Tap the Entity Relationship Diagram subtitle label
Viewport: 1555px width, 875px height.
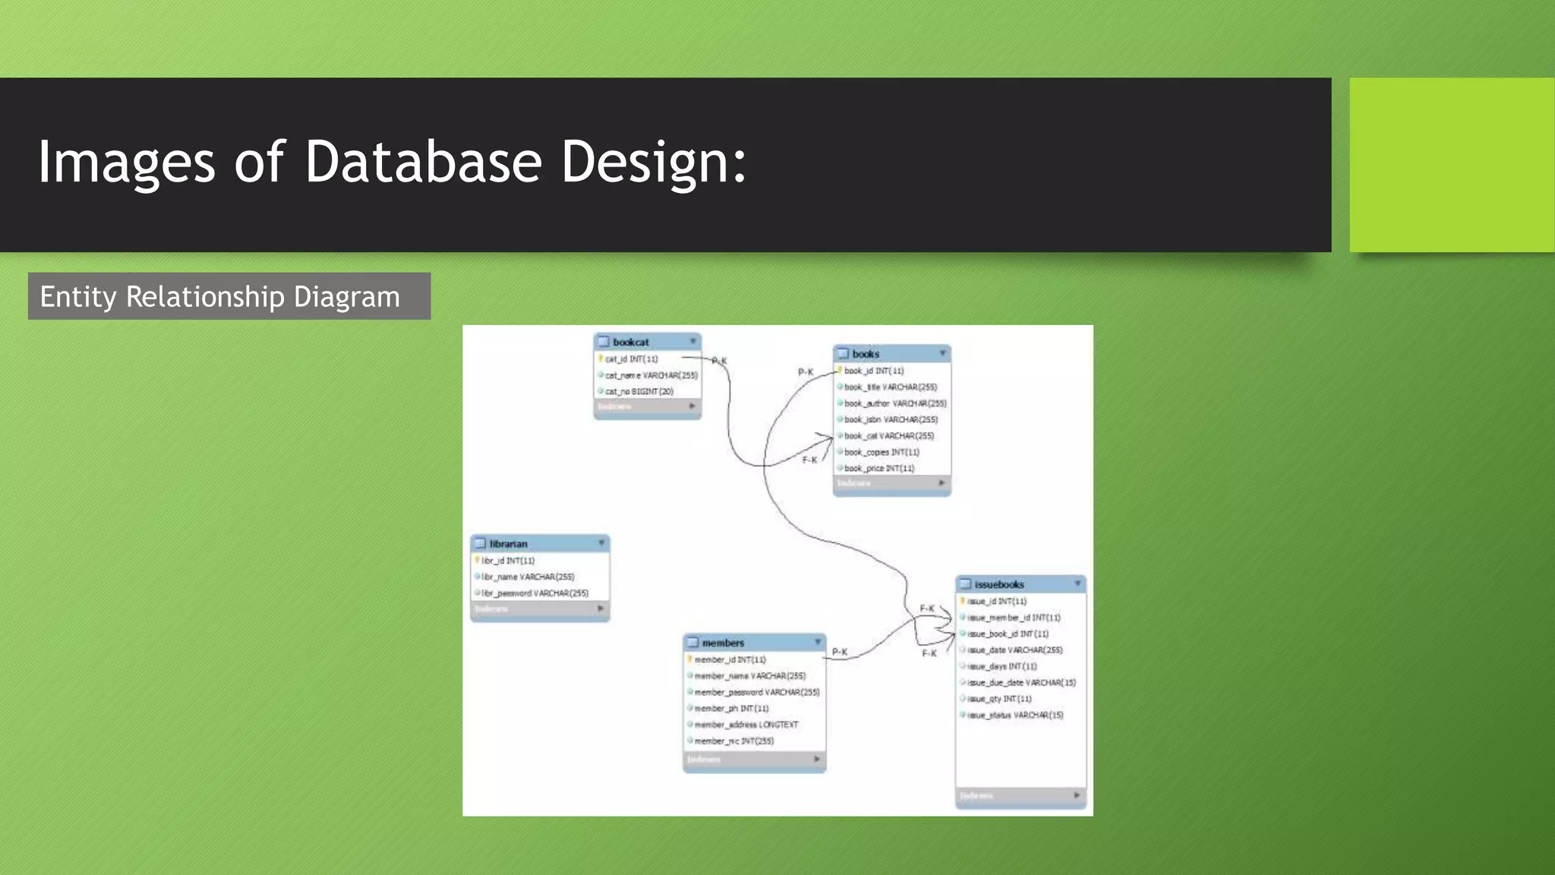[219, 296]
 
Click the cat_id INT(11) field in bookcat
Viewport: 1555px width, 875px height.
[631, 359]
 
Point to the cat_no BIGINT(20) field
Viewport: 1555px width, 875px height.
[639, 392]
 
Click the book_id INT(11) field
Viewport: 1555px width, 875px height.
[874, 371]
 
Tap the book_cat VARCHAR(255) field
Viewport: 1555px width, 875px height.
[888, 436]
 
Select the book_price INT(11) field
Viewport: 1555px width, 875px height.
[878, 469]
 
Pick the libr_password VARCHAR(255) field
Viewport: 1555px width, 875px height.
[535, 593]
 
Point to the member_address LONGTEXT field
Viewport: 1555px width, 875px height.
[746, 725]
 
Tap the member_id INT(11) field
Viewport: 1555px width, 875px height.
[730, 660]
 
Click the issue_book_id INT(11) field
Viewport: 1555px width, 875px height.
[1008, 633]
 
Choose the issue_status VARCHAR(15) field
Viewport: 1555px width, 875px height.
[1015, 715]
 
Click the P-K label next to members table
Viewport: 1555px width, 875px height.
[840, 652]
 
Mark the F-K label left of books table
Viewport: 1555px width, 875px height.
[810, 460]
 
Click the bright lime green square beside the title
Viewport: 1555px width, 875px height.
[1452, 165]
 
